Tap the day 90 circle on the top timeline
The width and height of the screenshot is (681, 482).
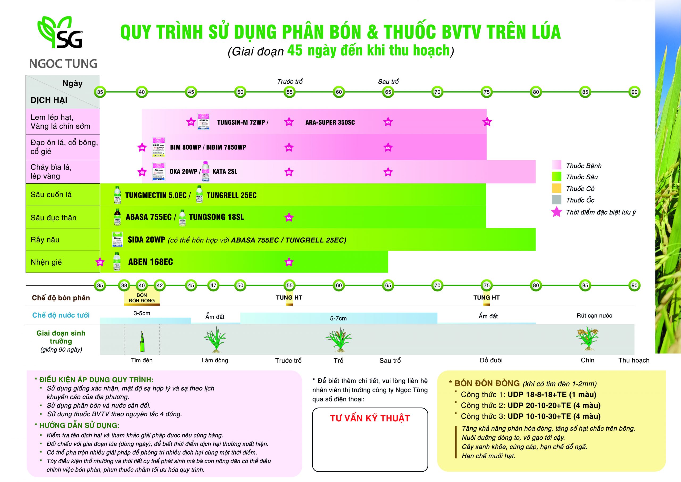pos(634,92)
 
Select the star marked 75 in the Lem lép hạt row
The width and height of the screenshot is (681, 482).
pos(487,122)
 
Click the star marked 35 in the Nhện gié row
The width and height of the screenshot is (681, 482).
pos(100,262)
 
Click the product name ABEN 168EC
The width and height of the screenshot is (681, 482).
pos(150,262)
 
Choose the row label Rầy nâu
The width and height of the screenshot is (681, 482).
pos(45,240)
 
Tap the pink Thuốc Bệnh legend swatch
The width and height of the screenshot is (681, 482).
pos(557,165)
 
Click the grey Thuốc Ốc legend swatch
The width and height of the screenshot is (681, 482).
pos(557,200)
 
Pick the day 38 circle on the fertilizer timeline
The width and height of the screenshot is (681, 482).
pos(124,286)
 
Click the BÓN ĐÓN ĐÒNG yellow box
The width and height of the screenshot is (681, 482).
pos(142,298)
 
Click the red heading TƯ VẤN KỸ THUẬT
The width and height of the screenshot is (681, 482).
pos(370,418)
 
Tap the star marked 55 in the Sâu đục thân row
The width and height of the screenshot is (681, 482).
pos(289,218)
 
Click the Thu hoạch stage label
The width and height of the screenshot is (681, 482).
pos(634,360)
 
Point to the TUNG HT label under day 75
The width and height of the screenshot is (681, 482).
pos(487,298)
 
